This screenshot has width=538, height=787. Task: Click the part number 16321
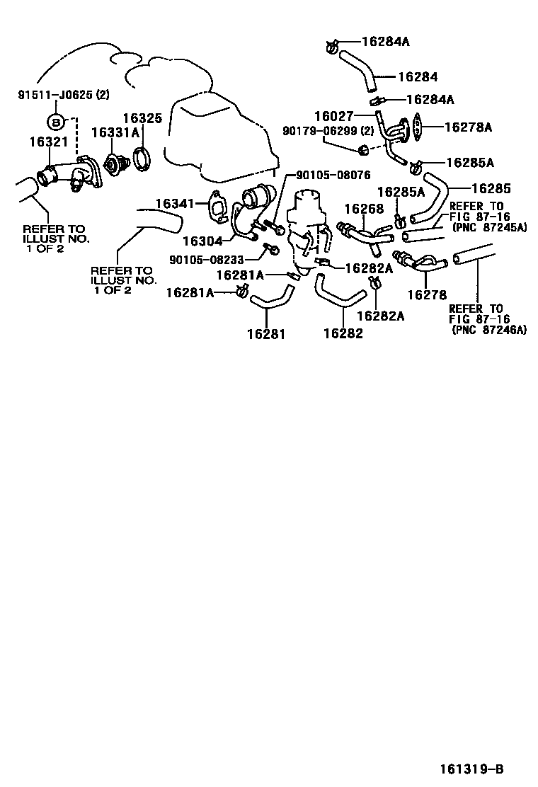pyautogui.click(x=48, y=142)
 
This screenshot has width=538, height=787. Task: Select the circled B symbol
pyautogui.click(x=56, y=122)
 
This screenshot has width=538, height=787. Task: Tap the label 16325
pyautogui.click(x=142, y=118)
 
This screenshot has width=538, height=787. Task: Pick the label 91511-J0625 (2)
pyautogui.click(x=63, y=95)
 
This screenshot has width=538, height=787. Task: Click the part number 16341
pyautogui.click(x=174, y=203)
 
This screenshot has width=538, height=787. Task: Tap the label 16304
pyautogui.click(x=202, y=241)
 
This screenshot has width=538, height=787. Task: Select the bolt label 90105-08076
pyautogui.click(x=333, y=175)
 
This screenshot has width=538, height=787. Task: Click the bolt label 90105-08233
pyautogui.click(x=207, y=260)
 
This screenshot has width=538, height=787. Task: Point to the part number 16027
pyautogui.click(x=334, y=117)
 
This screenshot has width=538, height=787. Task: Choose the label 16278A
pyautogui.click(x=468, y=127)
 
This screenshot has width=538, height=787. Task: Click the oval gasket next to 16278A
pyautogui.click(x=416, y=127)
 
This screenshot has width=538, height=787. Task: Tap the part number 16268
pyautogui.click(x=364, y=208)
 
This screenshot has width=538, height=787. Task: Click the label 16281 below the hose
pyautogui.click(x=266, y=334)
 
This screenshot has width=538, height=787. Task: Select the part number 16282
pyautogui.click(x=343, y=333)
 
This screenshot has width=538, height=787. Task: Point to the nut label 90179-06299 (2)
pyautogui.click(x=328, y=131)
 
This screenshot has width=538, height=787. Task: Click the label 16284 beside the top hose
pyautogui.click(x=418, y=77)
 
